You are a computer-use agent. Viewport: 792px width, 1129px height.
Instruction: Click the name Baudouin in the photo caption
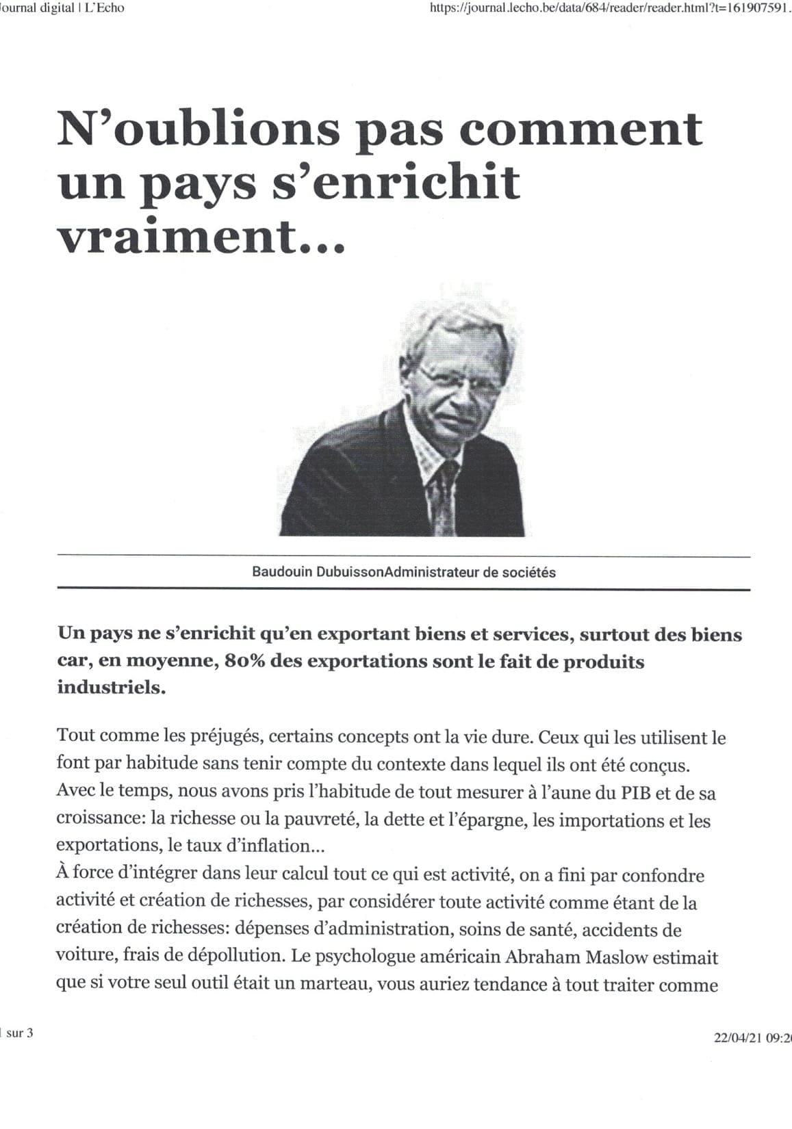282,571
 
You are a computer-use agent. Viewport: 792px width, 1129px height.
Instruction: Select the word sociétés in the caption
528,571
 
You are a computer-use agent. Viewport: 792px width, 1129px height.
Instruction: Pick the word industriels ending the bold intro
111,687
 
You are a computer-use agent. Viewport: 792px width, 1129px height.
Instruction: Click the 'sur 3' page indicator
19,1033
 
